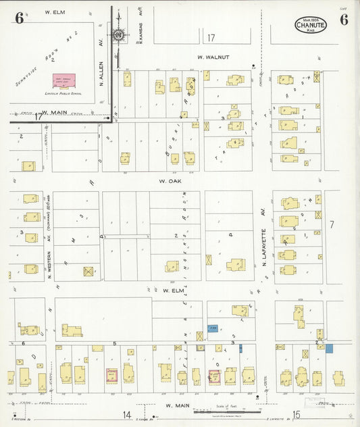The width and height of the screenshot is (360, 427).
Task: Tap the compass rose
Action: (x=119, y=34)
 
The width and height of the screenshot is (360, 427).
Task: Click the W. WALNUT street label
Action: (x=213, y=57)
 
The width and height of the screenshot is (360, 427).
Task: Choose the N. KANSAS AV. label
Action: (x=141, y=29)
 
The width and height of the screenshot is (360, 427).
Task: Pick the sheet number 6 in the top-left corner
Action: (x=18, y=19)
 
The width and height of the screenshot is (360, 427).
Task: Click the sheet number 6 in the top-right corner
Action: (x=344, y=19)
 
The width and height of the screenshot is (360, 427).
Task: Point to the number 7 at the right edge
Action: (x=332, y=224)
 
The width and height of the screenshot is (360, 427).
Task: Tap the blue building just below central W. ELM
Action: (x=213, y=328)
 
